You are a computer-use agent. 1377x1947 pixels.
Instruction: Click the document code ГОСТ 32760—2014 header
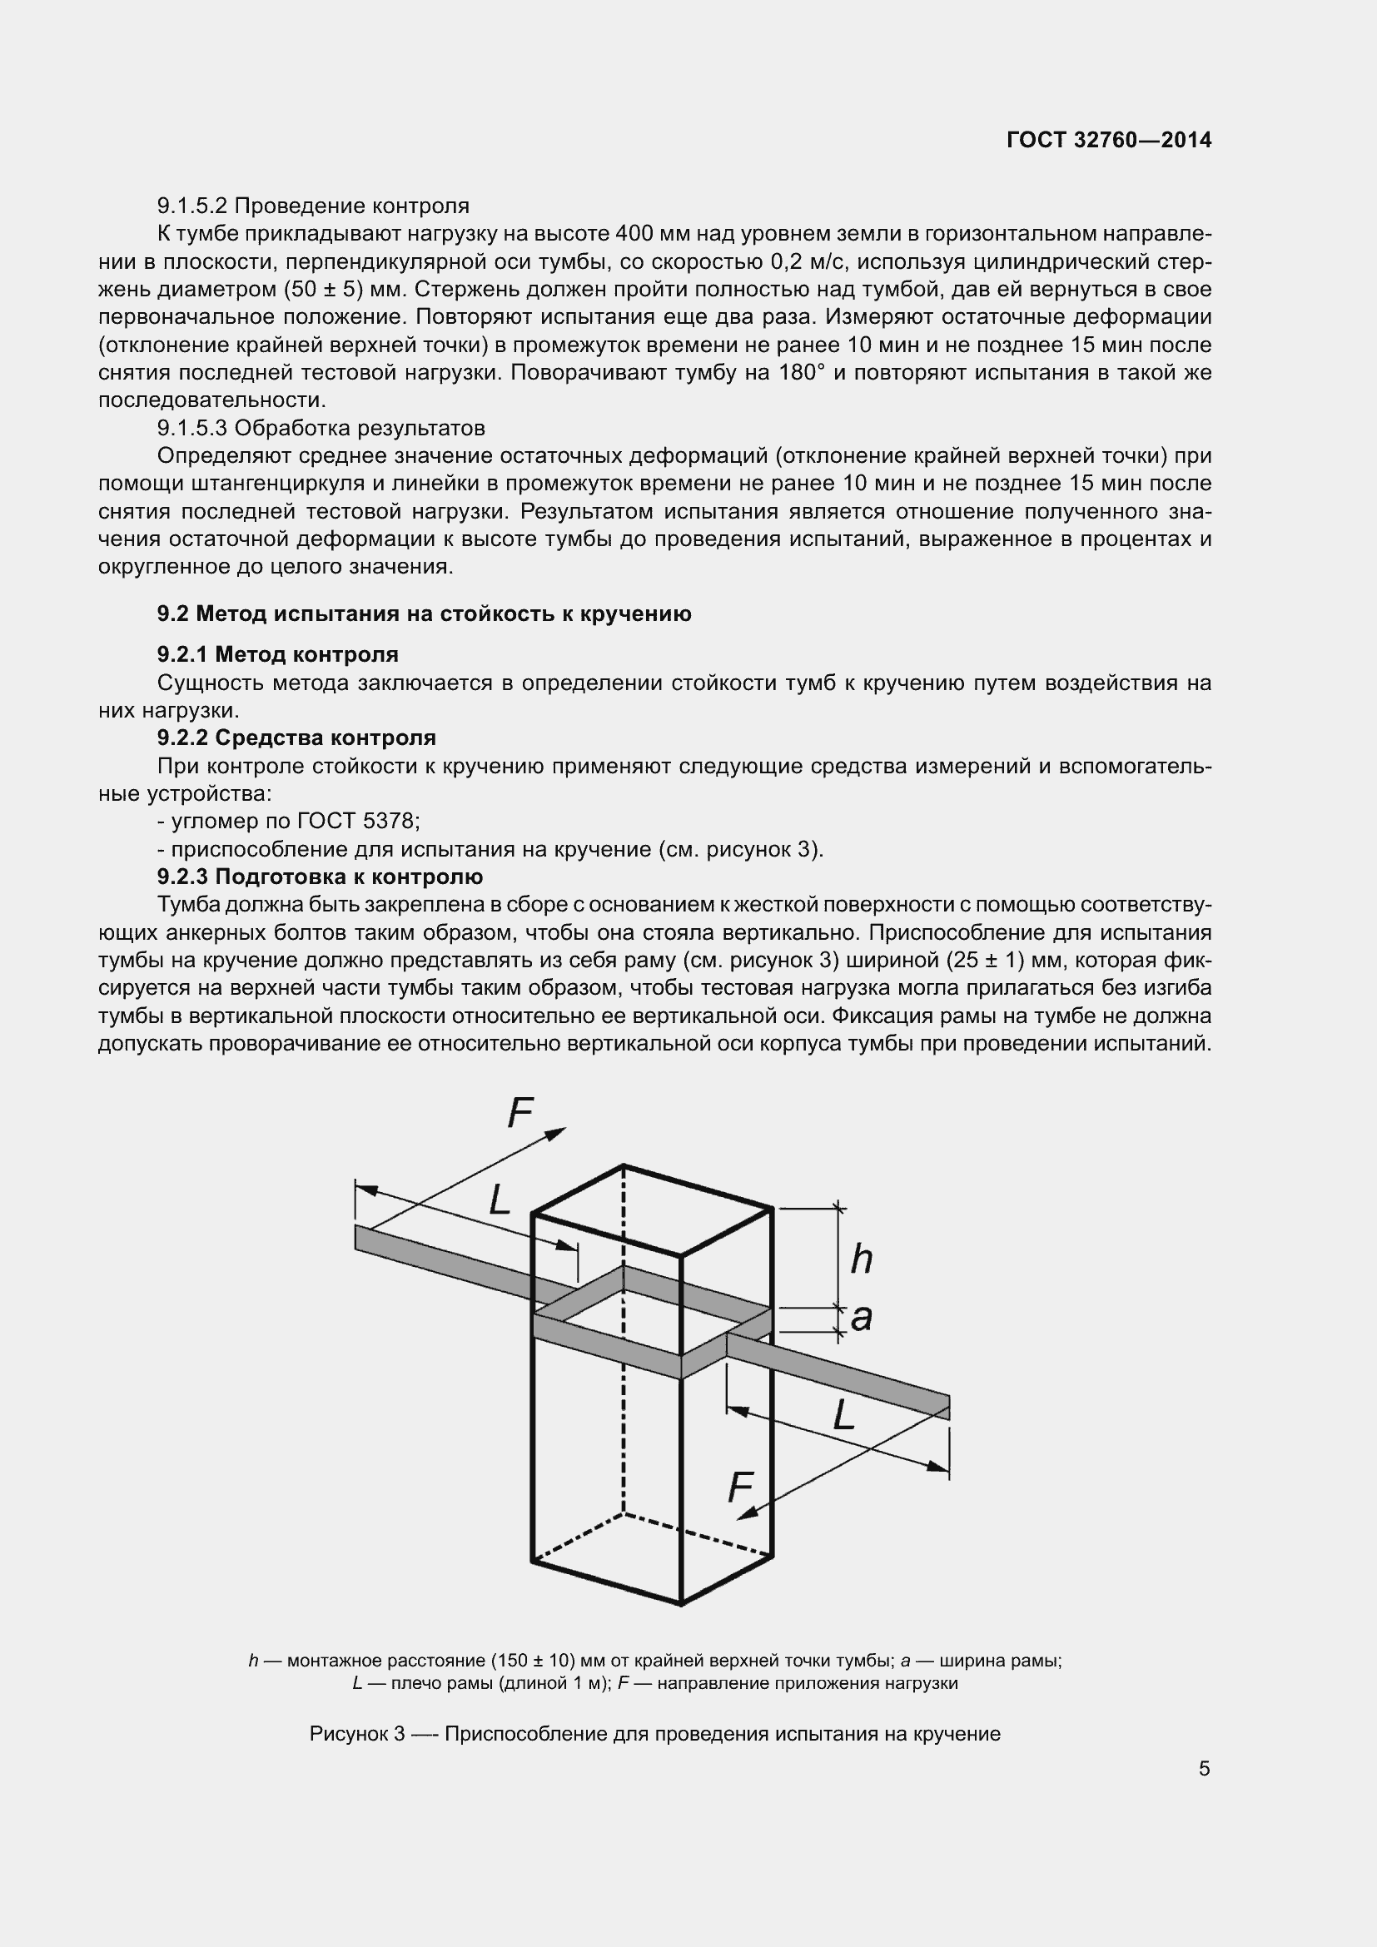(1108, 140)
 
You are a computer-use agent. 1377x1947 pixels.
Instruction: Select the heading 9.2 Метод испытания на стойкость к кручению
(424, 614)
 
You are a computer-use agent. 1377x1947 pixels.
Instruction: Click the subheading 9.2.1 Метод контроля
(277, 654)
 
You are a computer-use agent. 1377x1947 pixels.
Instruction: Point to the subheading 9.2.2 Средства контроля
(296, 738)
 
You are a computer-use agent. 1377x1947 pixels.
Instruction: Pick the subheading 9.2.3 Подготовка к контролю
(320, 877)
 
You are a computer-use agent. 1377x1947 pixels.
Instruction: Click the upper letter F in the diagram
(519, 1114)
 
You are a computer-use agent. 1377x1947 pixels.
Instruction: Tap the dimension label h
(862, 1259)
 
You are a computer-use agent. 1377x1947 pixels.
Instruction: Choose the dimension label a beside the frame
(862, 1318)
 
